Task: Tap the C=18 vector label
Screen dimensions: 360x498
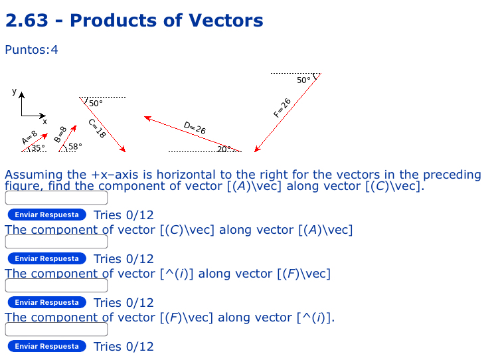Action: (97, 128)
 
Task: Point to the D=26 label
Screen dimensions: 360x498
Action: (195, 128)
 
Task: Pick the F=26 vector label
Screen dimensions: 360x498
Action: (282, 107)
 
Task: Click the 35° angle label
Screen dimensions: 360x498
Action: (38, 147)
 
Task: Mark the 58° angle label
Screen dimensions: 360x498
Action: (75, 147)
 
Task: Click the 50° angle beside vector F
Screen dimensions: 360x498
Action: (303, 80)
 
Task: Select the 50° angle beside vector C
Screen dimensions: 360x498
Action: (96, 104)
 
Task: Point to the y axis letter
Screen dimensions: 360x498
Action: (13, 91)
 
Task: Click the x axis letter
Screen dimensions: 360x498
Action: (45, 122)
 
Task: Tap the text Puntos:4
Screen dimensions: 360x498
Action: (31, 50)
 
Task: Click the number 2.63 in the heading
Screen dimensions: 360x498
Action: (27, 21)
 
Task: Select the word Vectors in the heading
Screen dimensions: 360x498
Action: (226, 21)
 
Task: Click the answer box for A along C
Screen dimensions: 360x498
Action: (56, 199)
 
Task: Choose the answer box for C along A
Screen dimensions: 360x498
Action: (56, 242)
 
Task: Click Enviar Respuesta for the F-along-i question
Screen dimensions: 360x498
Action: (47, 346)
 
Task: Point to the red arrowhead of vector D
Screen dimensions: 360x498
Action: (148, 118)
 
